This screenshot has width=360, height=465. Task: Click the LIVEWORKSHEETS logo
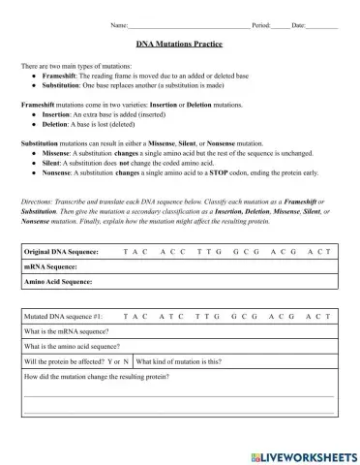click(x=302, y=453)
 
